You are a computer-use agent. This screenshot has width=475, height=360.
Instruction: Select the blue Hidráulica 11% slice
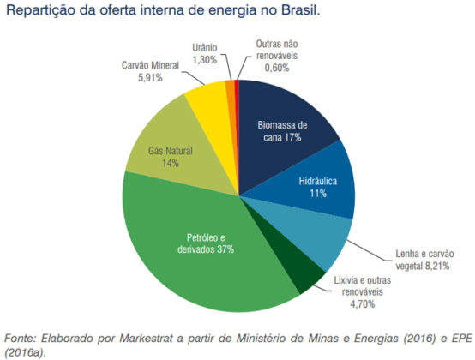(x=318, y=184)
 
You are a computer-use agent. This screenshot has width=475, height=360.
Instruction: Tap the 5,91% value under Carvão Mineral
(x=150, y=78)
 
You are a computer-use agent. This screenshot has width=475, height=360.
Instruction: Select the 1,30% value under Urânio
(x=205, y=60)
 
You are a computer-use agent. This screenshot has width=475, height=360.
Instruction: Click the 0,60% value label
(x=277, y=68)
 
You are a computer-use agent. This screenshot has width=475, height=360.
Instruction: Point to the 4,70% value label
(x=363, y=303)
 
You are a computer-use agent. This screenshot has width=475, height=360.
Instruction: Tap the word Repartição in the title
(x=41, y=11)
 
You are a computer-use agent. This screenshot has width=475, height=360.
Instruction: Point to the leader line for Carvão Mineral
(x=193, y=78)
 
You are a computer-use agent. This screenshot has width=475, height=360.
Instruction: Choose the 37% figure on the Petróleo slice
(x=225, y=249)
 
